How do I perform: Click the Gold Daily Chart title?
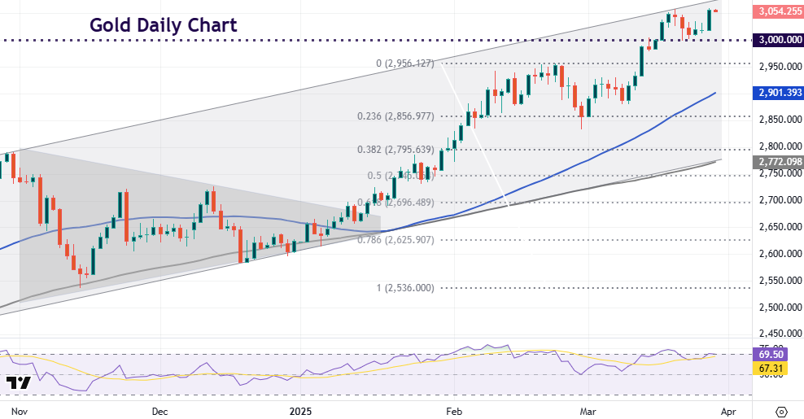tap(163, 25)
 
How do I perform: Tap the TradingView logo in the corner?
tap(19, 382)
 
